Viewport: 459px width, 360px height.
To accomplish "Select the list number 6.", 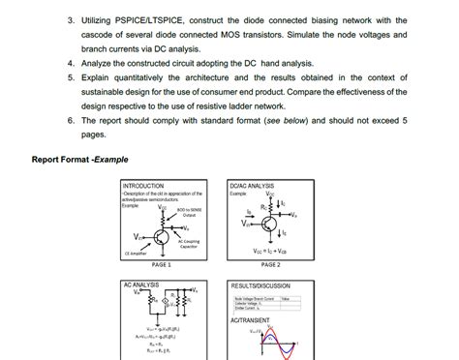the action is point(72,122).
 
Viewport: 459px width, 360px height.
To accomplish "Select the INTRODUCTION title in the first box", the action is point(144,185).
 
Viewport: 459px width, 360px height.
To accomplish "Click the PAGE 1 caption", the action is point(161,264).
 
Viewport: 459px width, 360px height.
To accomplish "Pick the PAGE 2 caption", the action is point(268,264).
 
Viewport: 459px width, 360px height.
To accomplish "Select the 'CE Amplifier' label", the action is point(136,254).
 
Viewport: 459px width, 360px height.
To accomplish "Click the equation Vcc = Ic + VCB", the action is point(269,250).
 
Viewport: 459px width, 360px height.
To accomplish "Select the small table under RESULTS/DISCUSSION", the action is point(262,304).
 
